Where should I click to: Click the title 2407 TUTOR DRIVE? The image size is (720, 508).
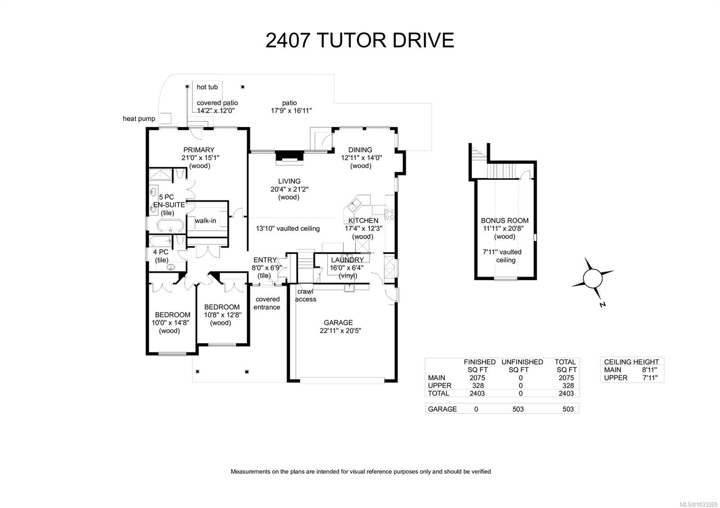tap(360, 40)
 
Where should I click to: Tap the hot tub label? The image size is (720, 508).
tap(207, 87)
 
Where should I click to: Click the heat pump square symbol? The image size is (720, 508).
tap(166, 118)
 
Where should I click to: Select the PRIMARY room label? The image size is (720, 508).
tap(199, 150)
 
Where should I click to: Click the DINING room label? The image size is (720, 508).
tap(360, 150)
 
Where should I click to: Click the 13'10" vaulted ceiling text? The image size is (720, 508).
tap(288, 228)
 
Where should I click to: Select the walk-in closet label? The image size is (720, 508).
tap(205, 220)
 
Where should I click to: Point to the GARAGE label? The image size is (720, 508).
tap(338, 322)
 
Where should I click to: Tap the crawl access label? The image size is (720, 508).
tap(306, 295)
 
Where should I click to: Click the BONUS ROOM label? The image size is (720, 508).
tap(504, 220)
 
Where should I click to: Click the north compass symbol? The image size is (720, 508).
tap(593, 278)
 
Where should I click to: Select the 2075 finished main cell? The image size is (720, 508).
tap(477, 378)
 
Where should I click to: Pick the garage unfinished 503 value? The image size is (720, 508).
tap(518, 409)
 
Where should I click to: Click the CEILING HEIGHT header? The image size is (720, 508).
tap(631, 362)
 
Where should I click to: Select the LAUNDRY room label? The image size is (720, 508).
tap(347, 260)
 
